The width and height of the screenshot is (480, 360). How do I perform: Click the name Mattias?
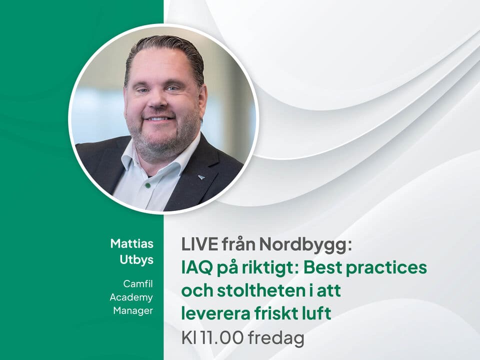[132, 243]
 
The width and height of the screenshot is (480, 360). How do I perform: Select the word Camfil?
[138, 284]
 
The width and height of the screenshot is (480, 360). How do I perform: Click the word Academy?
[131, 297]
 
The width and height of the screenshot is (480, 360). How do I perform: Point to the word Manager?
[133, 310]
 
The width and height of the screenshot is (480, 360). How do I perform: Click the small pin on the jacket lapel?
[200, 176]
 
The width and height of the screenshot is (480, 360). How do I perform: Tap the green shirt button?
[147, 185]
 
